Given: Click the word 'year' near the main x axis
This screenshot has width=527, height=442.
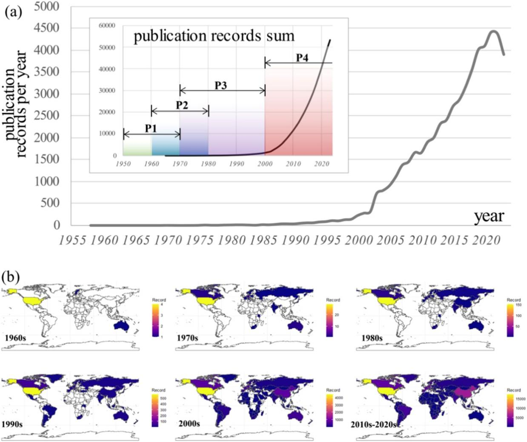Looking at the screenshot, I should coord(489,216).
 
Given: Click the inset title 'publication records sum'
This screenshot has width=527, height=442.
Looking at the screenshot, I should coord(214,36).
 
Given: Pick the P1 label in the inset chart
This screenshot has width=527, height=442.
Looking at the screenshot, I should coord(151,128).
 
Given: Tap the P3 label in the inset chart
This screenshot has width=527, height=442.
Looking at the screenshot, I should coord(220,85).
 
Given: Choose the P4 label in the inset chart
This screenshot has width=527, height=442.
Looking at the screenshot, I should coord(302,58).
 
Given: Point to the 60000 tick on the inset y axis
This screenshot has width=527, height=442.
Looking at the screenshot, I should coord(106,26).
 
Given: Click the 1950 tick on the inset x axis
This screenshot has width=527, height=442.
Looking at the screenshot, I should coord(123,164).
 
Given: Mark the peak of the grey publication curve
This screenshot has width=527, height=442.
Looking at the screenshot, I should coord(493,31).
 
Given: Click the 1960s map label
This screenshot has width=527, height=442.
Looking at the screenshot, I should coord(16,338).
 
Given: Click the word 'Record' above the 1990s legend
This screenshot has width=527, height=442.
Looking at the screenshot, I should coord(158,390).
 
